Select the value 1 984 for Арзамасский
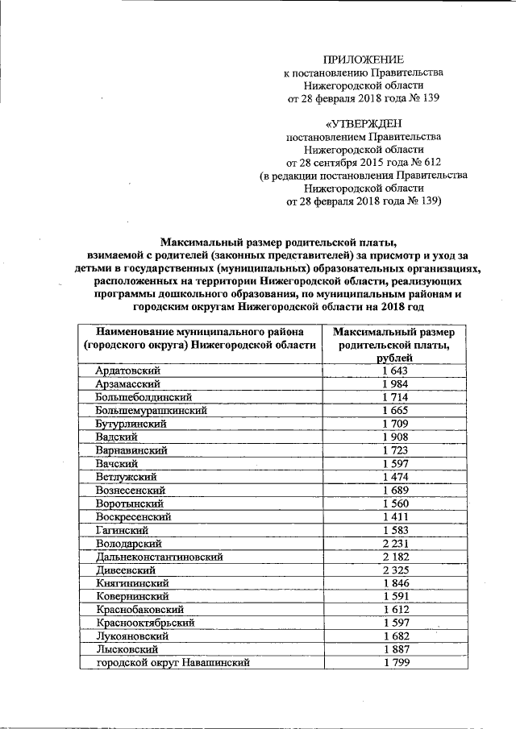pos(397,383)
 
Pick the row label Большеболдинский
pos(143,397)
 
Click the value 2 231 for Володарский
pos(397,543)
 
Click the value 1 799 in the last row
pos(397,663)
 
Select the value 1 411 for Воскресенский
pos(397,516)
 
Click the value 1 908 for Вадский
pos(397,437)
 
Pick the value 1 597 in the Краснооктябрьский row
pos(397,623)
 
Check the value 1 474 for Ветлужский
pos(397,477)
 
